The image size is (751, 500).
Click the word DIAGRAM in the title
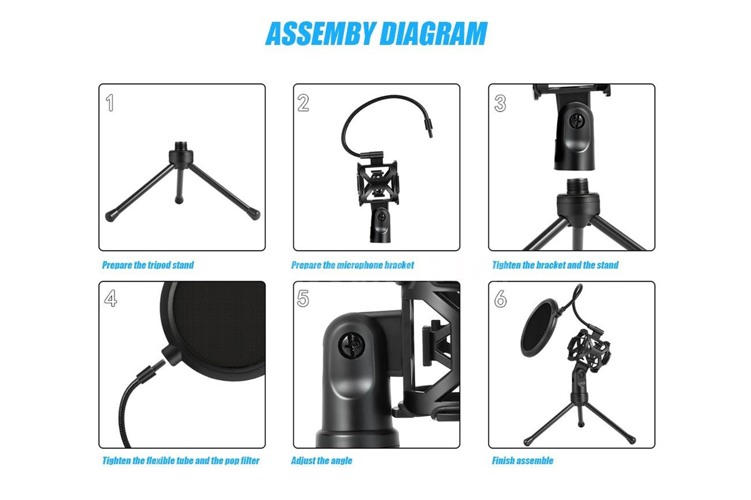coord(434,33)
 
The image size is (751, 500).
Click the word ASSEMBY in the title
coord(320,33)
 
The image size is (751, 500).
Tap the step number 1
coord(109,102)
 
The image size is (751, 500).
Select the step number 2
coord(303,102)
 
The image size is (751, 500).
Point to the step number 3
coord(500,103)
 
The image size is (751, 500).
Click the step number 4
coord(111,298)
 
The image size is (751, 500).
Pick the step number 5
coord(303,298)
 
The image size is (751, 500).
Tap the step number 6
coord(500,298)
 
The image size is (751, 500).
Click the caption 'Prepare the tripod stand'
coord(148,265)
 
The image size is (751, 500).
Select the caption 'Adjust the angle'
coord(321,460)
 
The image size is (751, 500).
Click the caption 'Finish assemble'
coord(522,460)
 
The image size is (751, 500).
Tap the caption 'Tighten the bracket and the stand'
coord(555,265)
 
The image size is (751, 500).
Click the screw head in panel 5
coord(351,345)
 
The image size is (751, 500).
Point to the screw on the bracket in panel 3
coord(577,121)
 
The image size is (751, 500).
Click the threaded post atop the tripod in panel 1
coord(181,146)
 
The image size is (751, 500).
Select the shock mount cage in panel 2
coord(378,182)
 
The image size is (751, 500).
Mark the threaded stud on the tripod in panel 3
coord(577,186)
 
